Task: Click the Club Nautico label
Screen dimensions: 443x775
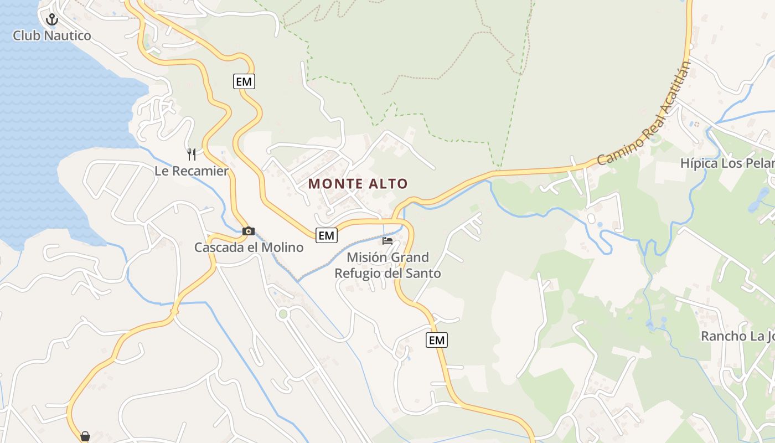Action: pos(51,36)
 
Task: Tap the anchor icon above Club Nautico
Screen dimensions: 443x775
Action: pos(52,20)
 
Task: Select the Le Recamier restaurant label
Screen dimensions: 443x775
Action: pos(191,171)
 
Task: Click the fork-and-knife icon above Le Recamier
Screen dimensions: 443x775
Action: pos(192,154)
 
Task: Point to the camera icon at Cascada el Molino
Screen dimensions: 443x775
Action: pos(249,231)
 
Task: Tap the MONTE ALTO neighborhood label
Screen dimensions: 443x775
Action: pos(358,184)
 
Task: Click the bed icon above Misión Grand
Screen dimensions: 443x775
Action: pos(387,241)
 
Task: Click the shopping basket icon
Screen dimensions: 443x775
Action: pos(85,436)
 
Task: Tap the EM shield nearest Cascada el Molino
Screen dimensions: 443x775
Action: pos(327,235)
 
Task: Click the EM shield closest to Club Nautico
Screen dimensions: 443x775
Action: pos(244,82)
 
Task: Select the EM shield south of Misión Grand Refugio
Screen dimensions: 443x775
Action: pos(437,340)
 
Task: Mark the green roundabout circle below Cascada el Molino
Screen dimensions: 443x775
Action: pos(283,314)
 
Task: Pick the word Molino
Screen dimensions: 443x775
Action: pos(284,248)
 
